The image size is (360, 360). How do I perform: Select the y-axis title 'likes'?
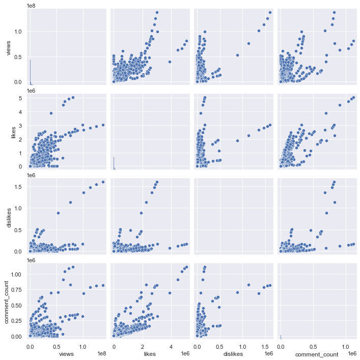(x=8, y=128)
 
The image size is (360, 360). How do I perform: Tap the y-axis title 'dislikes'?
(x=8, y=212)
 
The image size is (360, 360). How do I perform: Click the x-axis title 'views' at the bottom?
(x=67, y=353)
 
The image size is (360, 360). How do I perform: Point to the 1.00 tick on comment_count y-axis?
(x=16, y=274)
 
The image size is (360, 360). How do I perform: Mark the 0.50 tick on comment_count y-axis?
(x=16, y=306)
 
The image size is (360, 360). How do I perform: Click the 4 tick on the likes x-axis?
(x=171, y=346)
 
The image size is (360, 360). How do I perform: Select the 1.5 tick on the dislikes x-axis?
(x=266, y=346)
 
